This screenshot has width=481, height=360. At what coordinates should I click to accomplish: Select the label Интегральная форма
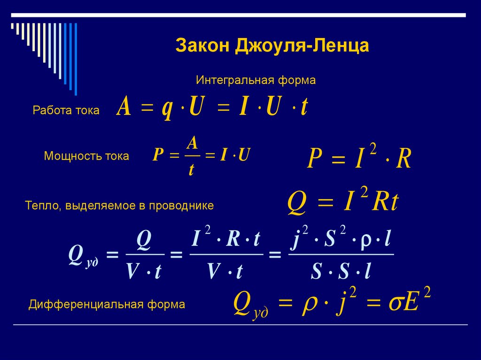pyautogui.click(x=256, y=80)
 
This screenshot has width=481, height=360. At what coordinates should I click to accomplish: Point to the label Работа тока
pyautogui.click(x=66, y=110)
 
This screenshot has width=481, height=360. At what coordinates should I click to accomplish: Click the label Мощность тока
pyautogui.click(x=86, y=156)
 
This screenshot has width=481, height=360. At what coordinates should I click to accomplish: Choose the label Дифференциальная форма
pyautogui.click(x=107, y=304)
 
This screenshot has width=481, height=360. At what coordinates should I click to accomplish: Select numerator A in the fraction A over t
pyautogui.click(x=191, y=142)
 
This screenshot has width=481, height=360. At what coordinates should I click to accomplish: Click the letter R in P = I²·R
pyautogui.click(x=403, y=159)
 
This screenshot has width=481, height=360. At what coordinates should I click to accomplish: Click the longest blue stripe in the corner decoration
pyautogui.click(x=75, y=59)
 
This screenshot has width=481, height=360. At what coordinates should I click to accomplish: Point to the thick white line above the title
pyautogui.click(x=240, y=15)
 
